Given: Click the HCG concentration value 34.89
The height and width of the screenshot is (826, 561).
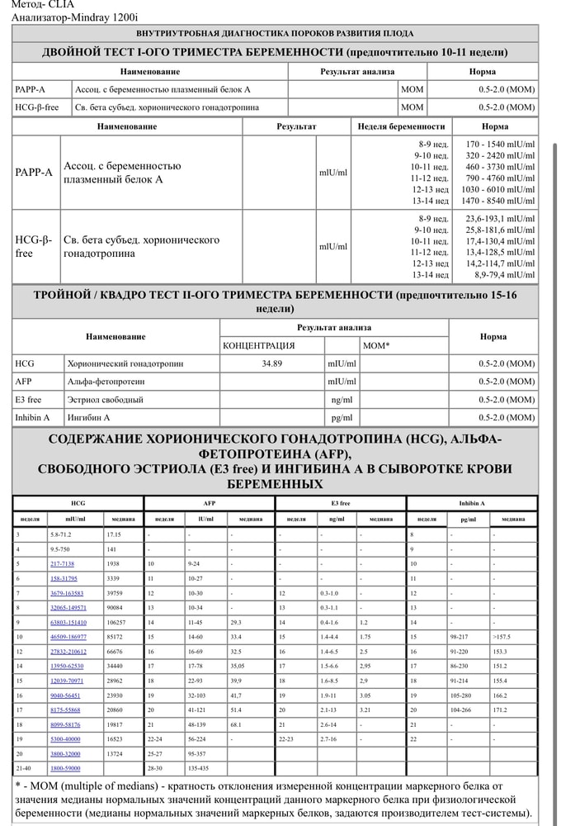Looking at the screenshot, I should pos(272,363).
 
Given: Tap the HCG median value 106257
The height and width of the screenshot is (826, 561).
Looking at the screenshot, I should pos(120,621).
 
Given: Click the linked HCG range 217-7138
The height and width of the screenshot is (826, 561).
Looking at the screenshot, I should pos(62,563).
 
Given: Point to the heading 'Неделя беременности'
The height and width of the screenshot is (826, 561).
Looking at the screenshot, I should pos(402,126).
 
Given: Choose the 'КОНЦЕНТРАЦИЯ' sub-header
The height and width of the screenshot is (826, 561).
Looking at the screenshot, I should pos(259,345).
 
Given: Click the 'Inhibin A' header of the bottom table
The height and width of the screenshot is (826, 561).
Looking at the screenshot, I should pos(472,503).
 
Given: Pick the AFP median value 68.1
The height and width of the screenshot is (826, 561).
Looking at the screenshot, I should pos(236,724).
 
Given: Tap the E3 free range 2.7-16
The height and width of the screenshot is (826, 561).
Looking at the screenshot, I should pos(332,738).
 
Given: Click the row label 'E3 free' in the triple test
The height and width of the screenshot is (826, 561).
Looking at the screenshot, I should pos(28,400).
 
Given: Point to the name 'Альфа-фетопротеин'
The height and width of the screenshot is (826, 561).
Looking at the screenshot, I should pos(106,382).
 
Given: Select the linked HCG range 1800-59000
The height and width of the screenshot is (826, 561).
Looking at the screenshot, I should pos(65,768).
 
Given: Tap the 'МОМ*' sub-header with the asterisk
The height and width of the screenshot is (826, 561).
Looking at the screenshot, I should pos(376,345).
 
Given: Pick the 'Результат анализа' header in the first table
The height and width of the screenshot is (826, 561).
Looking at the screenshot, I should pos(357,72).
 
